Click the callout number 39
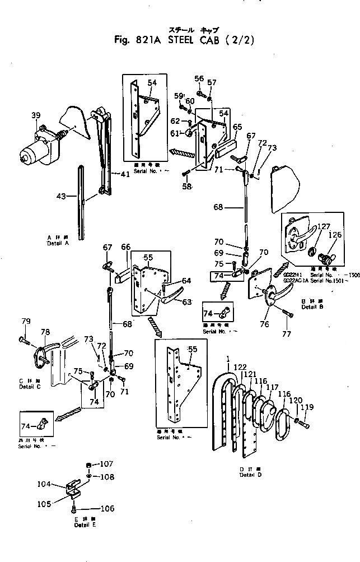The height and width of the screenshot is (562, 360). [x=36, y=116]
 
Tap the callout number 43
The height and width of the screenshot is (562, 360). [x=62, y=196]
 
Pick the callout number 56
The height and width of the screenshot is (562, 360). [x=199, y=78]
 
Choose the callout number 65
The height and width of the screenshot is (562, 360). [x=237, y=127]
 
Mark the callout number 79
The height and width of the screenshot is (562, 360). [x=26, y=321]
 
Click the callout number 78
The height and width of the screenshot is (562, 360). [x=44, y=333]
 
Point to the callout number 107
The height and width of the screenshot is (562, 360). [x=106, y=464]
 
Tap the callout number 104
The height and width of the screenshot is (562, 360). [x=60, y=484]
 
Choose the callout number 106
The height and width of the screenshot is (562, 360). [x=106, y=509]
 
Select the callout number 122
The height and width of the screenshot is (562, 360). [x=240, y=367]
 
